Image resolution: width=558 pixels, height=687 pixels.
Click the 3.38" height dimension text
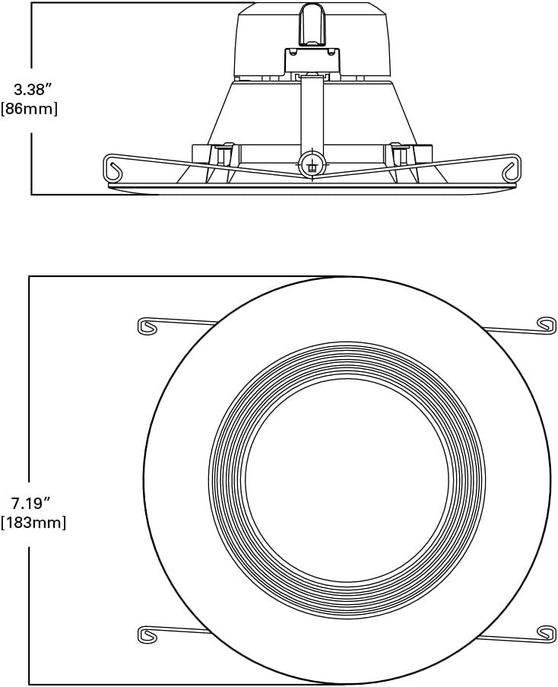[31, 89]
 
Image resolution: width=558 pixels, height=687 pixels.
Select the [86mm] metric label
[31, 109]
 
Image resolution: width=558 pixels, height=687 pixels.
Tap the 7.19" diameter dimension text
[31, 503]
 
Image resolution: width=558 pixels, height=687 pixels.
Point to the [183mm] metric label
[33, 523]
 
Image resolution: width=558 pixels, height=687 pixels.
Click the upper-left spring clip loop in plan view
[149, 326]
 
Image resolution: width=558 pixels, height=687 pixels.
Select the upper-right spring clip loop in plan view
[545, 323]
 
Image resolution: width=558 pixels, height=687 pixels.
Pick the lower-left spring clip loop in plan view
[149, 632]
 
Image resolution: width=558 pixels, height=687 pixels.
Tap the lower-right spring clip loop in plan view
[545, 631]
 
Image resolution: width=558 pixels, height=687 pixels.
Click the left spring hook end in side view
[114, 168]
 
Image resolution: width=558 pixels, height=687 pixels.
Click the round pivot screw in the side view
[310, 164]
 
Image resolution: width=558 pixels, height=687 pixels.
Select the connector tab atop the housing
[310, 22]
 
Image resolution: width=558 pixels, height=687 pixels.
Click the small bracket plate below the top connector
[311, 61]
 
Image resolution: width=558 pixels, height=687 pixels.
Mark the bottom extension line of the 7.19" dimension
[182, 683]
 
